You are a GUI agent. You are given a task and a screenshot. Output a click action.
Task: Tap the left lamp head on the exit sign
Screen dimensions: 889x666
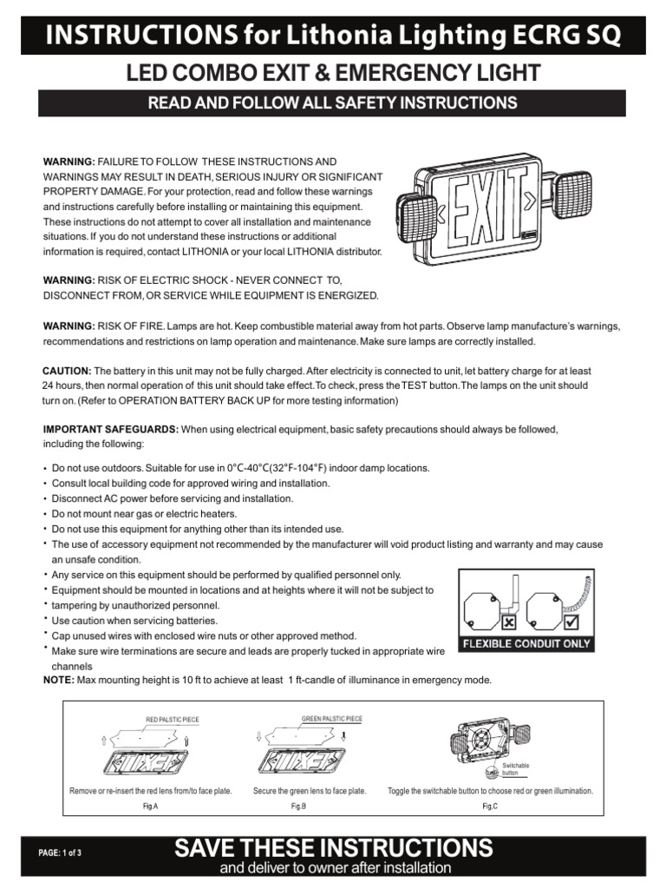(x=414, y=212)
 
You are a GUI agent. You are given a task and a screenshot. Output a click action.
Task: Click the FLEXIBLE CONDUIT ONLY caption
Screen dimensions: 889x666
(x=526, y=644)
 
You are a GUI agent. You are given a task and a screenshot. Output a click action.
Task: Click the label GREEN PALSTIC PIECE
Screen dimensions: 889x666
(x=331, y=719)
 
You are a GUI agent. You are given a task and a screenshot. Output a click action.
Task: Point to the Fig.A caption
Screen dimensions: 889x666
(x=150, y=807)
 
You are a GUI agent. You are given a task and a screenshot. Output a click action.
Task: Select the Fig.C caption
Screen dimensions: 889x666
(x=490, y=807)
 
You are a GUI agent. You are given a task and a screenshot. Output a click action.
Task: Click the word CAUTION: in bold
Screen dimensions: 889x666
(x=67, y=371)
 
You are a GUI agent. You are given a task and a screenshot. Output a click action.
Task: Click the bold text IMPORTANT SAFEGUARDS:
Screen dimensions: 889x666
(x=111, y=430)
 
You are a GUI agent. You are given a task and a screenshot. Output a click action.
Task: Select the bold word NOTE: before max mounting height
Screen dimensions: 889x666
(x=59, y=680)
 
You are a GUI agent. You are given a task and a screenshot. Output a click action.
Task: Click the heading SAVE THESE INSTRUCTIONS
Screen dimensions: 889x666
(x=334, y=848)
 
